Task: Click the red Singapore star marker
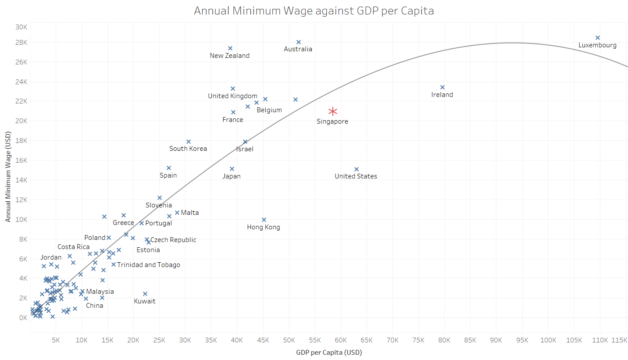pos(333,111)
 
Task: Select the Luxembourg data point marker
pos(598,38)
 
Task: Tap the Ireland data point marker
pos(442,87)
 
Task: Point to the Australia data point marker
pos(299,42)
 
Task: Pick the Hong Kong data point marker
pos(264,220)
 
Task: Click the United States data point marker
pos(357,169)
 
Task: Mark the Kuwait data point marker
pos(145,294)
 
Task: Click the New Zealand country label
pos(229,56)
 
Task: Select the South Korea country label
pos(188,149)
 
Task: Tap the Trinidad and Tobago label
pos(148,265)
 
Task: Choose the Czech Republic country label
pos(173,240)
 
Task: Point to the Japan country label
pos(232,176)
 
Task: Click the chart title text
pos(314,11)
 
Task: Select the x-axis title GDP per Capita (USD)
pos(329,352)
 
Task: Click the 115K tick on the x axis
pos(619,340)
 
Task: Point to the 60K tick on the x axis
pos(341,340)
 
